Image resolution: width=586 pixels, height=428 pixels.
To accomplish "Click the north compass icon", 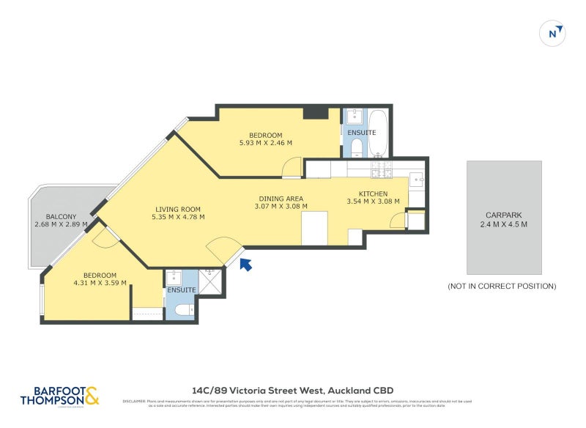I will (554, 33).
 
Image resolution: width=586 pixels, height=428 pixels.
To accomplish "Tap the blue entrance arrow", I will (246, 264).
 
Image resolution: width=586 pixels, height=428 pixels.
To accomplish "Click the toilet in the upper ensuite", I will (355, 147).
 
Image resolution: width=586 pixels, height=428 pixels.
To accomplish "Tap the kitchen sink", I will (416, 178).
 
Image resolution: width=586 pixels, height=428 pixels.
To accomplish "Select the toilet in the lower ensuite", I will (183, 311).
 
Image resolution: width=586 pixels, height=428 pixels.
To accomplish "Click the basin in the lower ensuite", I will (174, 278).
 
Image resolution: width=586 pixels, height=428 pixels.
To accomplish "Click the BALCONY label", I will (60, 216).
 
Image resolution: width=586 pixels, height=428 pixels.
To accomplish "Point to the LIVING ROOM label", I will (177, 208).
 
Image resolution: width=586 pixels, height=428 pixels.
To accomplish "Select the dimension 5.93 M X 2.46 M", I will (265, 143).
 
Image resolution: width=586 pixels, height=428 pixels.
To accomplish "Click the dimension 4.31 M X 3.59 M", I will (100, 282).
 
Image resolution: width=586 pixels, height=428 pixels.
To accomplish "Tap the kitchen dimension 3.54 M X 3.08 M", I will (373, 202).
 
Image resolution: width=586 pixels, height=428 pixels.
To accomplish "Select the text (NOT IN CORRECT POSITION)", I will (502, 286).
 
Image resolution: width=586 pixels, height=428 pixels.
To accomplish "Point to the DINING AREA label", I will (281, 199).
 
